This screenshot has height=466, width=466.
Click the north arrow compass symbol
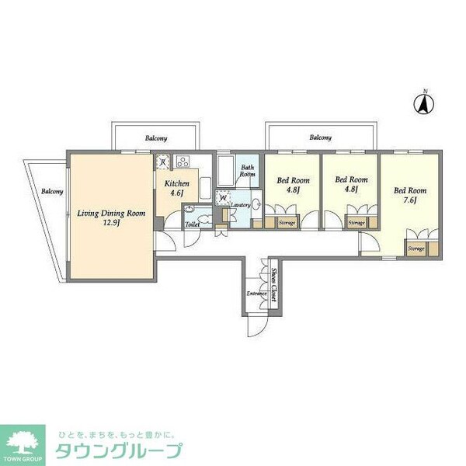click(x=425, y=103)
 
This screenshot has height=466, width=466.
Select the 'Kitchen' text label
click(x=172, y=184)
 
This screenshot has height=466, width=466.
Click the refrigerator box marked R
click(x=163, y=162)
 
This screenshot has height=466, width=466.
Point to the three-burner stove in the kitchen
click(x=184, y=162)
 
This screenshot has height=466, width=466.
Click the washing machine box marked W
click(x=224, y=198)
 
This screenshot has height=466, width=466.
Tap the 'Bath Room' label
click(x=247, y=171)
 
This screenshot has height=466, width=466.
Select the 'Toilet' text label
click(x=192, y=224)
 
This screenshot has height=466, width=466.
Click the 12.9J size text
click(x=110, y=221)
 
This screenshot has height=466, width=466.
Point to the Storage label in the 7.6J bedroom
click(x=416, y=249)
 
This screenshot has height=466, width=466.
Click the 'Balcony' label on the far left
click(x=52, y=191)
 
